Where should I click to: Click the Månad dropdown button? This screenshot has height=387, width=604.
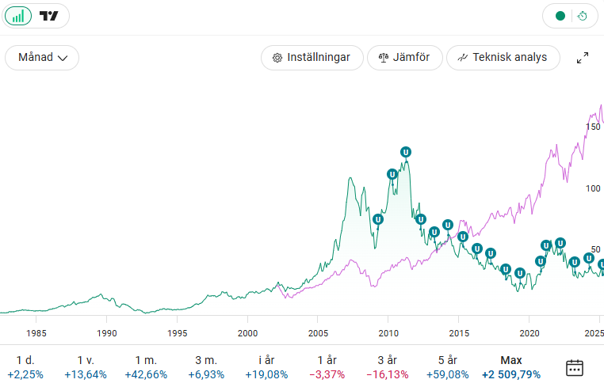point(42,57)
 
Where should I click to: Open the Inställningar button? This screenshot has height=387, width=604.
point(312,57)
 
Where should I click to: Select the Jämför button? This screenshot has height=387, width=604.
point(404,57)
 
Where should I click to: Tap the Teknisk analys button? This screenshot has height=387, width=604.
point(503,57)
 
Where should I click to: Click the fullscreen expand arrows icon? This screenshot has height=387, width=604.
point(582,57)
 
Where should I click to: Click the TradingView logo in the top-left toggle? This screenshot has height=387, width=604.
point(49,16)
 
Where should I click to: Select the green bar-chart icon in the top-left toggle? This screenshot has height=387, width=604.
point(18,16)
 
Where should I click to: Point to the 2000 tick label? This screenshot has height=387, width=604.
point(248,333)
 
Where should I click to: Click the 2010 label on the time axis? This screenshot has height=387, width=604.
point(388,333)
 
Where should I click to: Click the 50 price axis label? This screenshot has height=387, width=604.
point(596,249)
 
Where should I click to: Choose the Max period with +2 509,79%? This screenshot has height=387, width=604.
point(510,367)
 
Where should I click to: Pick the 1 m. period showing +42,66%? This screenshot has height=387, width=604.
point(147,367)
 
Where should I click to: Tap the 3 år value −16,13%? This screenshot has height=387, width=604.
point(388,374)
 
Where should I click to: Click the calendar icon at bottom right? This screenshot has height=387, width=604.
point(575,367)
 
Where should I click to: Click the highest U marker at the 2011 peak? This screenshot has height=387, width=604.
point(406,152)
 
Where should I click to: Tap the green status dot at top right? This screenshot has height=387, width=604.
point(560,16)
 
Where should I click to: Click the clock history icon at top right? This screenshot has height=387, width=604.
point(582,16)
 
